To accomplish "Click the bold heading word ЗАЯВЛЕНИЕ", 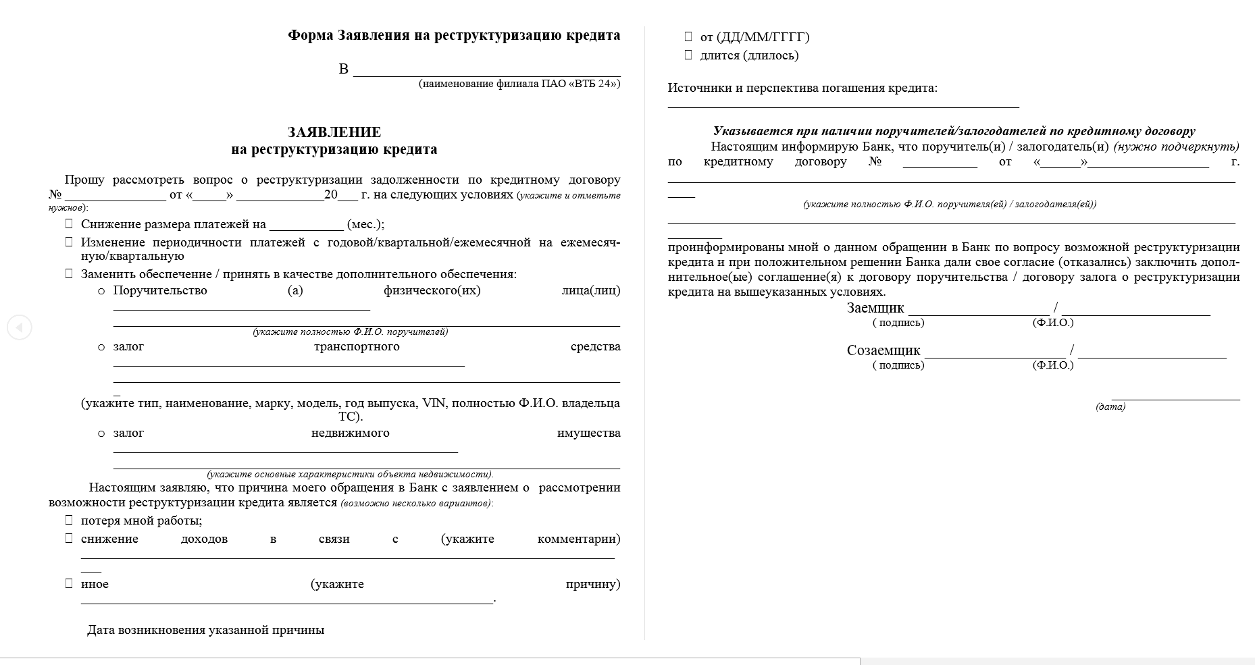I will pos(334,132).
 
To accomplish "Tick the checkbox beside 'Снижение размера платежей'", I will pos(69,223).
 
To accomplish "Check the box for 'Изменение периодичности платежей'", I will pos(69,242).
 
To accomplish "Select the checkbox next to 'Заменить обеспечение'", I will pos(69,273).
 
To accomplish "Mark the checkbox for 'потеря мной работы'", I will pos(69,520).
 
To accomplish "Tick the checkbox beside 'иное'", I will pos(69,583).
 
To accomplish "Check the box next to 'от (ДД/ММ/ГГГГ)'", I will pos(688,36).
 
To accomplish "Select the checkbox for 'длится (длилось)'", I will pos(688,55).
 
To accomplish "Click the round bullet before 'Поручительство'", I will pos(101,291).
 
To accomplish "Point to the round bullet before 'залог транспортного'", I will pos(101,347).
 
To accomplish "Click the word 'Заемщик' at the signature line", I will pos(875,309).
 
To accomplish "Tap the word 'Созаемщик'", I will pos(883,351).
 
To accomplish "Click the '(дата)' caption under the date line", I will pos(1110,407).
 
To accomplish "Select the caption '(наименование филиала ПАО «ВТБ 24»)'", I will pos(519,84).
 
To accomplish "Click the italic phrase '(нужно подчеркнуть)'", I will pos(1176,147).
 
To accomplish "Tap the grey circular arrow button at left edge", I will pos(19,327).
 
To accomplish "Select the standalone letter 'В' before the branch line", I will pos(343,69).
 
